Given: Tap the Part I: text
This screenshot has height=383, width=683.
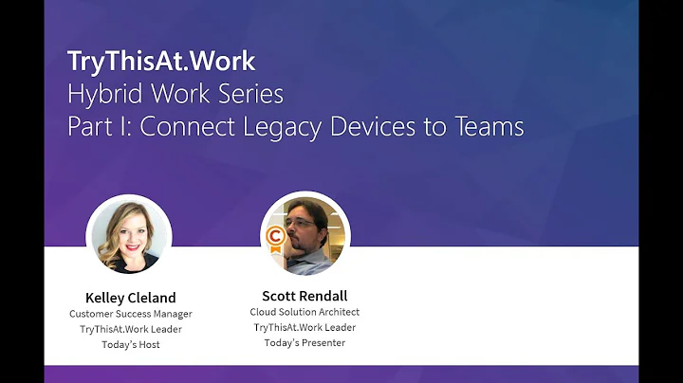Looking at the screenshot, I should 98,126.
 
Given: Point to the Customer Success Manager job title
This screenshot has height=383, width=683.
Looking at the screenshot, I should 130,313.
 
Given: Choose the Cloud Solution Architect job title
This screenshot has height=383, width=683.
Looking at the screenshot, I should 305,312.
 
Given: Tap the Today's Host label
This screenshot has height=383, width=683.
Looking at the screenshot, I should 130,344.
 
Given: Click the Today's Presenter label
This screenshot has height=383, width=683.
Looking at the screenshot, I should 305,342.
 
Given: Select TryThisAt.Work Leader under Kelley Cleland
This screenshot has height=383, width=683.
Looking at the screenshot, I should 130,329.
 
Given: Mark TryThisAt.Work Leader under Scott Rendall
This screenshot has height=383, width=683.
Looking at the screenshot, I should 305,327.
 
